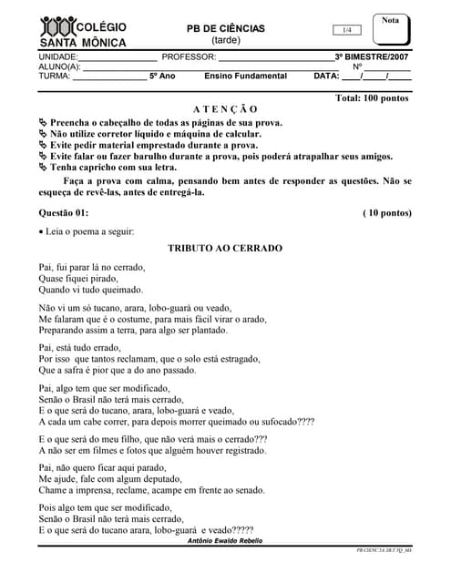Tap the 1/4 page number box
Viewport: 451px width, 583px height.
pos(346,30)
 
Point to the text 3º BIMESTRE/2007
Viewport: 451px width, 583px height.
pos(372,56)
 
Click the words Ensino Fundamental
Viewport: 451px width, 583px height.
pos(245,77)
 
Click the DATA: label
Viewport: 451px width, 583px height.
pos(325,77)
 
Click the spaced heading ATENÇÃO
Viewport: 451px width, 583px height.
pos(225,108)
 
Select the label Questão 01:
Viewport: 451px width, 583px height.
pos(64,212)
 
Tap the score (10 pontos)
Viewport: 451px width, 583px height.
pos(387,212)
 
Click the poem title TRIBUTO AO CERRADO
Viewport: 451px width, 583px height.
pos(225,248)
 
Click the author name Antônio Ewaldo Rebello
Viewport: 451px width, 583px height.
pos(224,541)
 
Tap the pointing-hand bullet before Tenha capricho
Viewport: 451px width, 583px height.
pos(43,168)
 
